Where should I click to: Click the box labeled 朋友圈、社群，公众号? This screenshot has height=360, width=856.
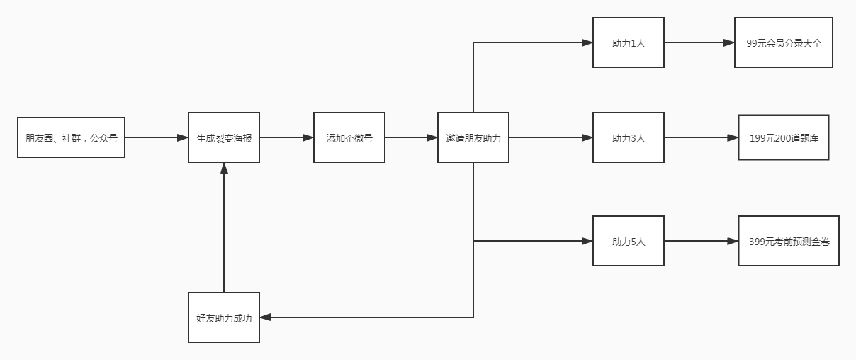71,137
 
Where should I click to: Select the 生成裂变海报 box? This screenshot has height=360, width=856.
224,137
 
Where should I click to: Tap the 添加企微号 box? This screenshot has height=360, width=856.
349,137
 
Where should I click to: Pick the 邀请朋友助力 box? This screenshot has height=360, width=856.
473,137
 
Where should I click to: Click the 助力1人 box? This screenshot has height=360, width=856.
629,43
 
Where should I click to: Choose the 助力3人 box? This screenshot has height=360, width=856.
629,137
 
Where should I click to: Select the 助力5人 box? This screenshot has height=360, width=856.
629,241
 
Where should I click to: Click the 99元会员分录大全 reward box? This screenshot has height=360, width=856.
784,43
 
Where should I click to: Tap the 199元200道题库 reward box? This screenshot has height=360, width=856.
784,137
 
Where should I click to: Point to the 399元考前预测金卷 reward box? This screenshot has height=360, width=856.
789,241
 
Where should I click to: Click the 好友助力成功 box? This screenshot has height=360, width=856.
224,317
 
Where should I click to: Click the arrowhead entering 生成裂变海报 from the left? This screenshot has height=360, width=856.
182,137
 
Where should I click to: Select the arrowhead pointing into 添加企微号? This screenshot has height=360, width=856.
308,137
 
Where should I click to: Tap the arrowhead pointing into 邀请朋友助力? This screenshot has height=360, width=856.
432,137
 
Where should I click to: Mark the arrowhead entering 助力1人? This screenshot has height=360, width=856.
587,43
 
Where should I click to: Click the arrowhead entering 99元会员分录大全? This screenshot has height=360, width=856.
729,43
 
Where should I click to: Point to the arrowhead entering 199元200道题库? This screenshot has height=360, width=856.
733,137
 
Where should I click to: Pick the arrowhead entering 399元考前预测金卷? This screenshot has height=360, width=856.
733,241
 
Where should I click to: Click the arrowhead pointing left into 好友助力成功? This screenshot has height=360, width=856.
266,317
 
